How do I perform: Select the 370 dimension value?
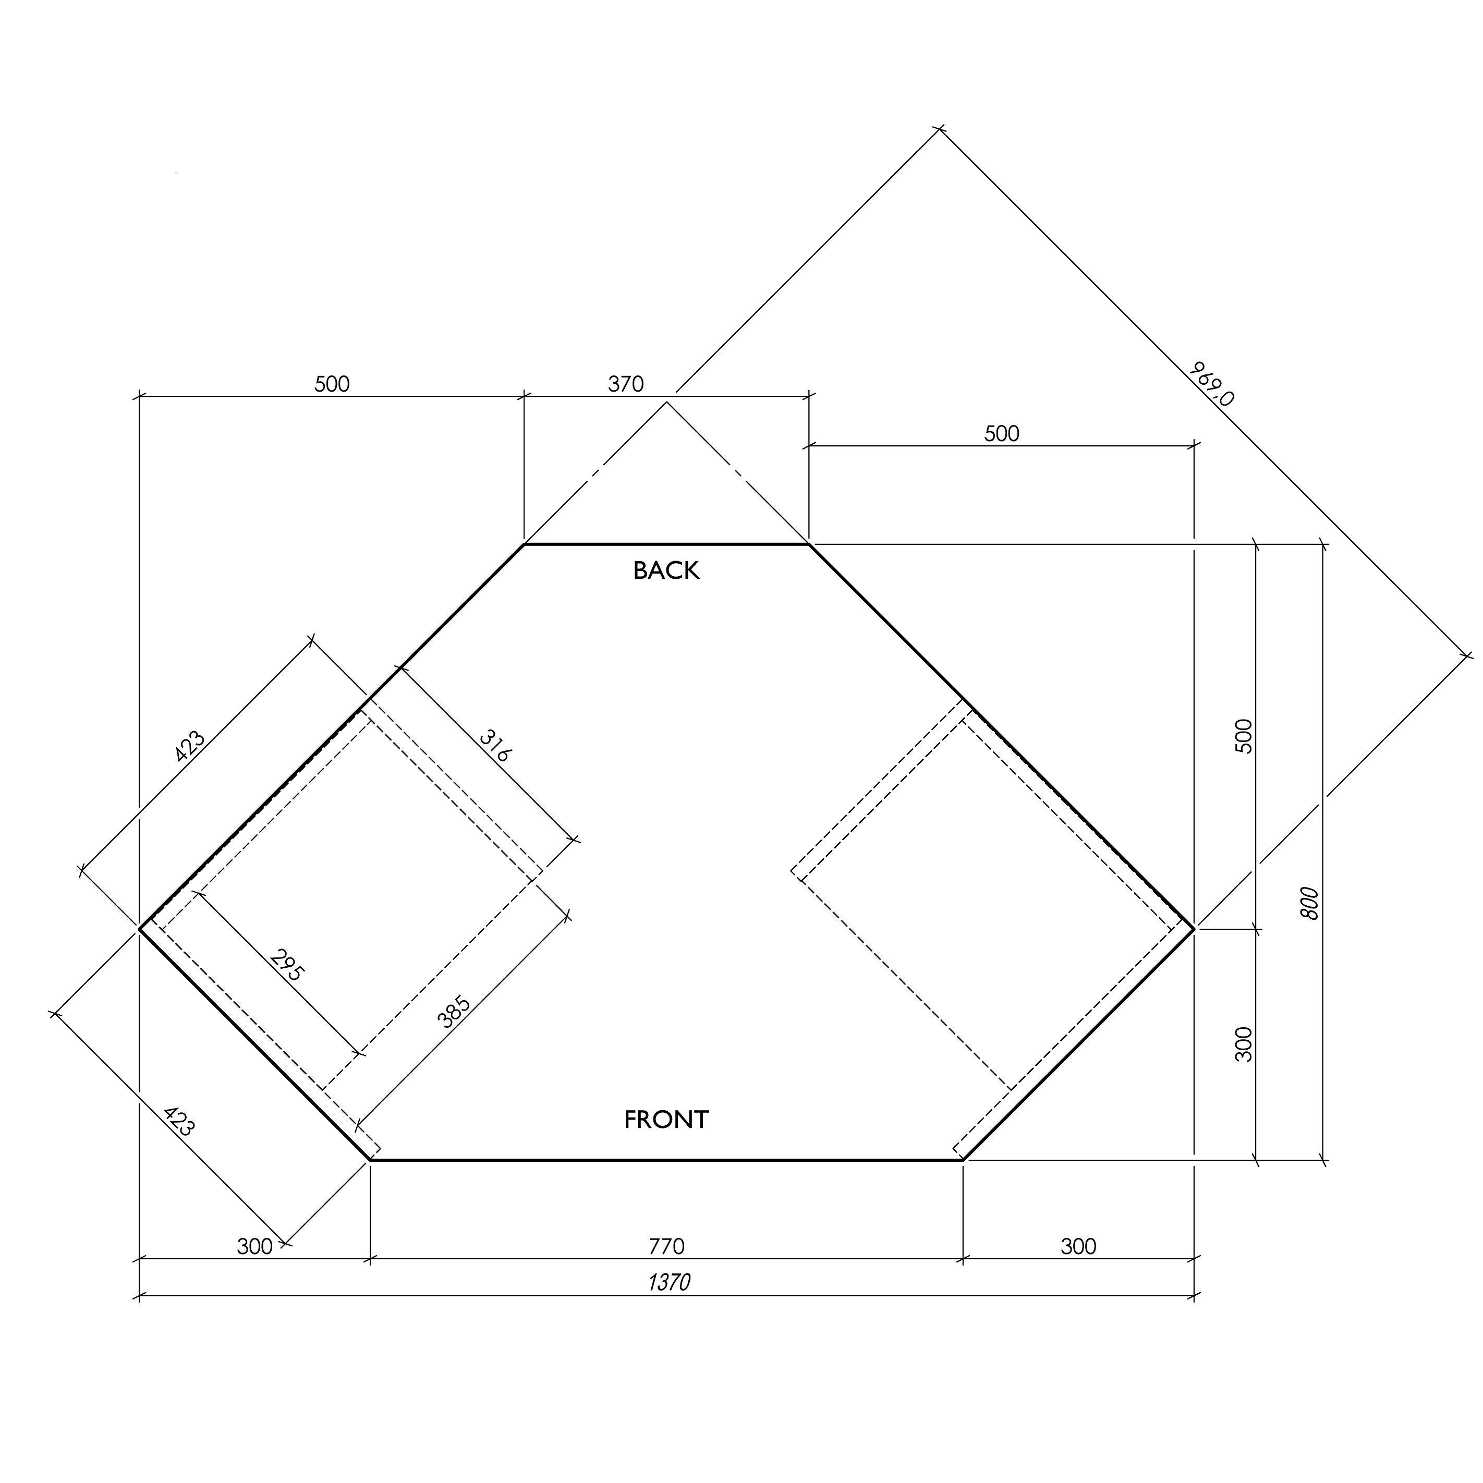(x=626, y=384)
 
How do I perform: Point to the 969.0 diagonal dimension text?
(x=1211, y=383)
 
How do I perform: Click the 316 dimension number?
(x=495, y=745)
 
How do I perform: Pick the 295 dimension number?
(x=288, y=966)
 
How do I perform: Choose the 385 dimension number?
(x=453, y=1012)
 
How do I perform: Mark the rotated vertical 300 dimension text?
(x=1244, y=1044)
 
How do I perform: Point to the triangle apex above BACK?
(x=666, y=402)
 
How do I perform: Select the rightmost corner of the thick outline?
(x=1194, y=929)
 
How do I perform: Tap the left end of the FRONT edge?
(x=370, y=1160)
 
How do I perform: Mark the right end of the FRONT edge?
(x=963, y=1160)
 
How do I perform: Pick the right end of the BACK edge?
(x=808, y=544)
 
